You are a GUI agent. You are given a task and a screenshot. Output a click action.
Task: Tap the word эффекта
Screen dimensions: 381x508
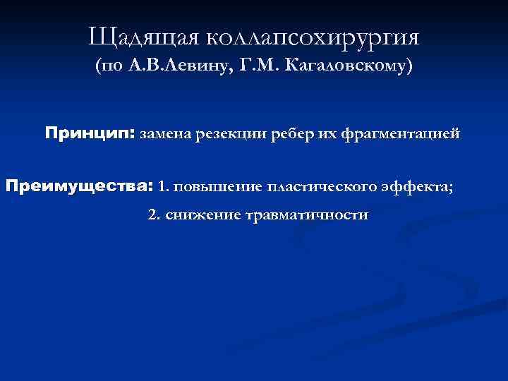416,188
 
